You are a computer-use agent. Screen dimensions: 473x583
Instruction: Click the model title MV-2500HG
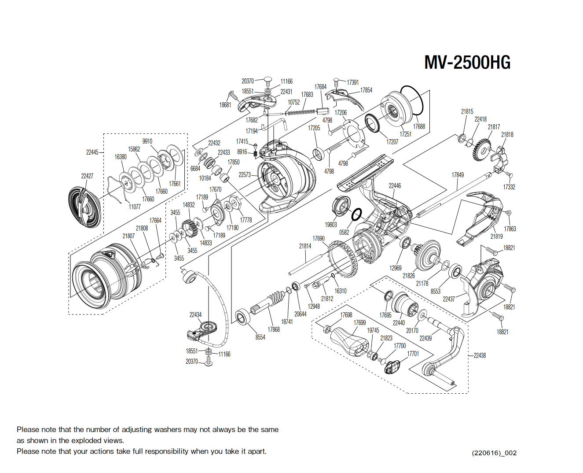pyautogui.click(x=467, y=62)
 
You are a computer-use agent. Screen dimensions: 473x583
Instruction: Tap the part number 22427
pyautogui.click(x=87, y=176)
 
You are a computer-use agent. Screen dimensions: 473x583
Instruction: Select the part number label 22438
pyautogui.click(x=480, y=355)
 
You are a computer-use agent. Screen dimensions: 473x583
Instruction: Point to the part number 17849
pyautogui.click(x=458, y=175)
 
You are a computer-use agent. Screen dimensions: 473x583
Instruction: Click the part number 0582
pyautogui.click(x=344, y=232)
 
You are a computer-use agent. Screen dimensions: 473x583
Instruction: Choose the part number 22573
pyautogui.click(x=245, y=174)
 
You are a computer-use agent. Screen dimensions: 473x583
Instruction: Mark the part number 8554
pyautogui.click(x=260, y=337)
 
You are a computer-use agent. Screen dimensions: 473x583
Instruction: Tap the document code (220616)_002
pyautogui.click(x=494, y=453)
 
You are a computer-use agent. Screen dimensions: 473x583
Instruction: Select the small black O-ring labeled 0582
pyautogui.click(x=356, y=214)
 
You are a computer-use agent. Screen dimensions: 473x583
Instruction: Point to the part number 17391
pyautogui.click(x=352, y=82)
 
